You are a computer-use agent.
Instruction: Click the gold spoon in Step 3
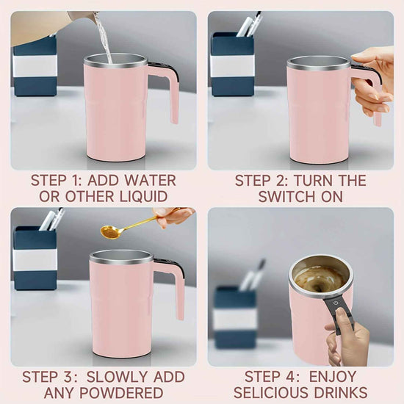[x=115, y=231]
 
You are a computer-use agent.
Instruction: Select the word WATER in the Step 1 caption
[x=152, y=180]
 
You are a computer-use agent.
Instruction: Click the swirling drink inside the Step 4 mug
[x=318, y=278]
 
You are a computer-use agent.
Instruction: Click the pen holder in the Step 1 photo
[x=35, y=66]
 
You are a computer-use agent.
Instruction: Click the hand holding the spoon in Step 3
[x=175, y=215]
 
